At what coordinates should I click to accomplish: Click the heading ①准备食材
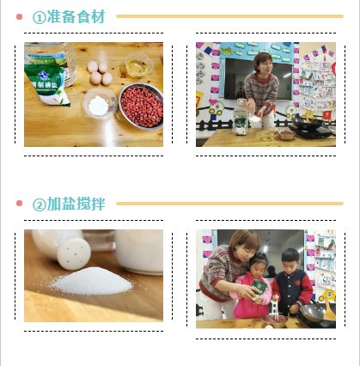[x=69, y=16]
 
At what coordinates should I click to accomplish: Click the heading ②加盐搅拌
[x=69, y=204]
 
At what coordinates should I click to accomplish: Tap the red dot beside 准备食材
[x=19, y=16]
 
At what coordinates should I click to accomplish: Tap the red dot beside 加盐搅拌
[x=19, y=204]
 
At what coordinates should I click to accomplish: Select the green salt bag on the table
[x=46, y=84]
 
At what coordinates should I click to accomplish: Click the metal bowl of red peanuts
[x=141, y=106]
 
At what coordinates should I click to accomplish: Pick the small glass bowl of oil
[x=138, y=65]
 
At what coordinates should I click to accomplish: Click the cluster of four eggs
[x=100, y=73]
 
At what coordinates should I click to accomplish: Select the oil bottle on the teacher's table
[x=240, y=117]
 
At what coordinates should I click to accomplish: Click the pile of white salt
[x=92, y=281]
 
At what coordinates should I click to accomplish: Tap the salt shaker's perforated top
[x=74, y=254]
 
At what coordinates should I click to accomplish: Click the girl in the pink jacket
[x=253, y=286]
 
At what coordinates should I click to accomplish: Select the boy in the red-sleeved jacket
[x=292, y=283]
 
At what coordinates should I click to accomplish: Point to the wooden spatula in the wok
[x=329, y=309]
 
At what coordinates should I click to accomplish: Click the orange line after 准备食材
[x=229, y=16]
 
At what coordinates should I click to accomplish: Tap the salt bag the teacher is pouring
[x=259, y=290]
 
